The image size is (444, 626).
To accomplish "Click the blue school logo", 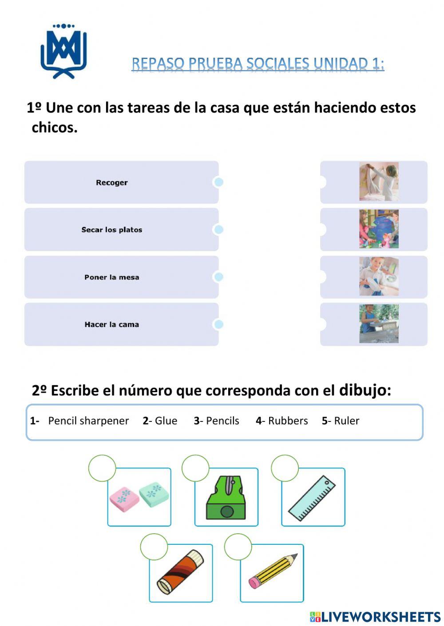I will pos(63,51).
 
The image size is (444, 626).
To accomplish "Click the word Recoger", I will pos(112,182).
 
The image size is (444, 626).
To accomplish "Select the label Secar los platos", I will pos(112,230).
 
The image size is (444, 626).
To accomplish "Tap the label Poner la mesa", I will pos(112,277).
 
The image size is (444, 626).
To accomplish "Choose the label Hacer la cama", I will pos(112,324).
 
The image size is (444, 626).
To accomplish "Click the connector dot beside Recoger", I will pos(218,182).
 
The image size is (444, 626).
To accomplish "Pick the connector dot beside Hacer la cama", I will pos(218,324).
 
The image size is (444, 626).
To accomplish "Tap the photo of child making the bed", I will pos(379,181).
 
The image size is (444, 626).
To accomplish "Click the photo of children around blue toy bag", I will pos(379,229).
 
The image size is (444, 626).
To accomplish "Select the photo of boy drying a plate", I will pos(379,276).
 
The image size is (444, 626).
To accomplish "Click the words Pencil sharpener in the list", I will pos(88,421).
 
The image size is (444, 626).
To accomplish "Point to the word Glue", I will pos(166,421).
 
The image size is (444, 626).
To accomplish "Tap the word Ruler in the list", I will pos(347,421).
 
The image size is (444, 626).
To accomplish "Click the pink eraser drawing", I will pos(124,498).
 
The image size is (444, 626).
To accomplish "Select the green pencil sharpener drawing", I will pos(226,498).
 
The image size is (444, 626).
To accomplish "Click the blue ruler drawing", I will pos(312,498).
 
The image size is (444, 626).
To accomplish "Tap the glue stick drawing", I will pos(180,572).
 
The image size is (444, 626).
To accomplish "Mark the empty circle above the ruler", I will pos(285,468).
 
